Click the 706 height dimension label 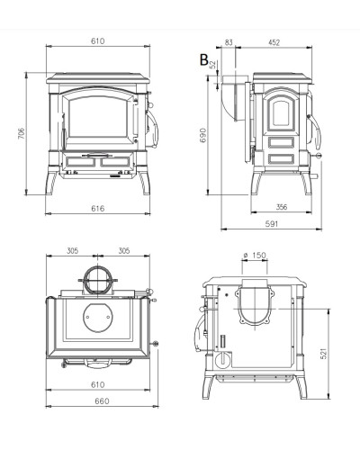pos(21,133)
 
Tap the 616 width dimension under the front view pos(98,208)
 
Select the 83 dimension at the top pos(229,42)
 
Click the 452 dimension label pos(274,42)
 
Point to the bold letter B pos(204,59)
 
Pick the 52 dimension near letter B pos(212,65)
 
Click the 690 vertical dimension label pos(203,135)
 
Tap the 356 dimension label pos(282,207)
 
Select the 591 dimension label pos(272,224)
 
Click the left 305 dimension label pos(72,250)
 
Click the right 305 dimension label pos(124,250)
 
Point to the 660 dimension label pos(102,400)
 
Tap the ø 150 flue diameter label pos(255,255)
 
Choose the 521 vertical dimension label pos(323,354)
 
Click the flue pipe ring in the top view pos(97,266)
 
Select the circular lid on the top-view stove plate pos(97,318)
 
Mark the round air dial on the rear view pos(223,359)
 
